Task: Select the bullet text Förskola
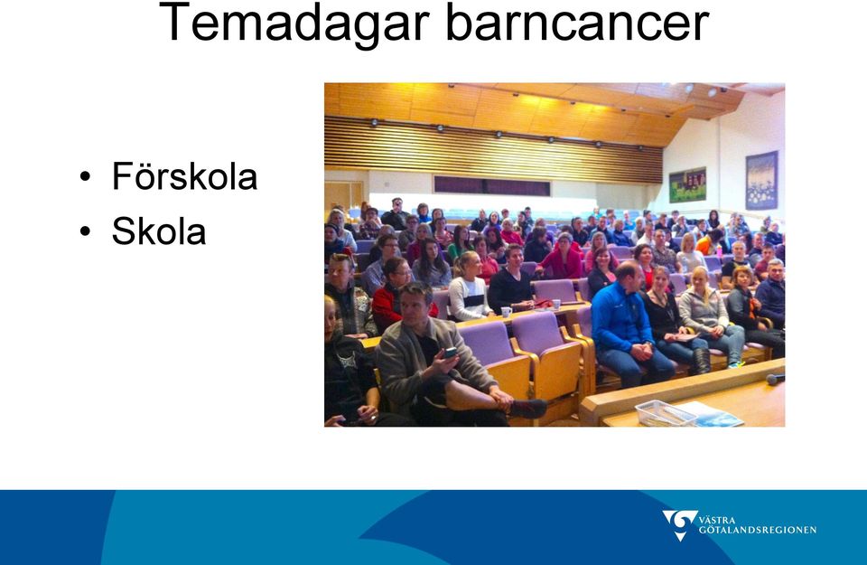point(184,176)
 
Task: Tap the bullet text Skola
point(159,231)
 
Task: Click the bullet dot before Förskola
point(85,177)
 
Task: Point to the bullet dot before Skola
point(85,231)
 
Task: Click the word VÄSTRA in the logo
point(717,520)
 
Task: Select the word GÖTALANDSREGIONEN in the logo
point(758,530)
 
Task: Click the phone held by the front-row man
point(450,352)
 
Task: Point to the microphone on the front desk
point(775,379)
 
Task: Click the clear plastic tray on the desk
point(666,413)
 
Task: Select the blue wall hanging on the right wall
point(761,181)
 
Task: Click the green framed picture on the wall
point(687,184)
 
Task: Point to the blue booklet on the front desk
point(711,414)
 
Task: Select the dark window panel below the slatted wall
point(491,186)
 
